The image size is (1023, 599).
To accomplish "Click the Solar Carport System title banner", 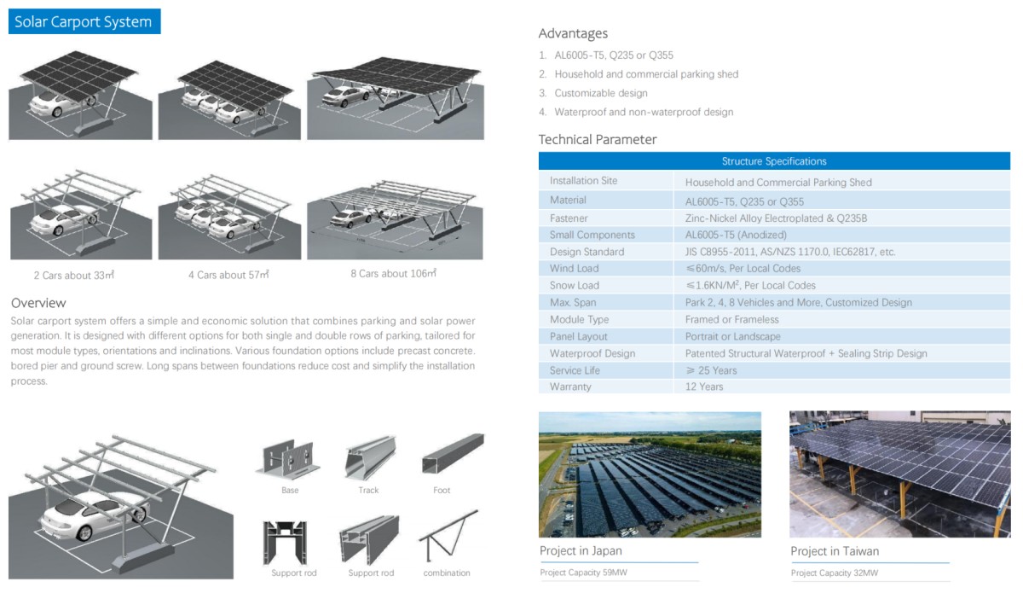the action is (x=84, y=21).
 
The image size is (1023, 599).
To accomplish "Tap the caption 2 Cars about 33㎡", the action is (x=74, y=276).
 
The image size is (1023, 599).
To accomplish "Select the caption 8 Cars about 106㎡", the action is (x=394, y=273).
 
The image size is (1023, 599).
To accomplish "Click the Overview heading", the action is (x=39, y=303).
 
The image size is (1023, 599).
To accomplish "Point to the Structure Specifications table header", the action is (x=774, y=161).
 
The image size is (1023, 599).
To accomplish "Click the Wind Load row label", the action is (x=574, y=269).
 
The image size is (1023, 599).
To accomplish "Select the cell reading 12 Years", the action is (x=704, y=387).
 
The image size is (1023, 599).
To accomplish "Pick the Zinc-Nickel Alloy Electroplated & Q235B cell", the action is (x=776, y=218).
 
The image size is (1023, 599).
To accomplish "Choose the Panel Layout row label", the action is (x=579, y=336).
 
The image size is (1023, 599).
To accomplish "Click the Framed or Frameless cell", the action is (x=731, y=320).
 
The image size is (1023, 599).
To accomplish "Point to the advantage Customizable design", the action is (x=601, y=93).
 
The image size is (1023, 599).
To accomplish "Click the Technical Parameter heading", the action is (x=598, y=139).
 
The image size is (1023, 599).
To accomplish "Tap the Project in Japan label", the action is (x=581, y=550).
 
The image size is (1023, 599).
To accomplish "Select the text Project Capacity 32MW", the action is (x=835, y=573).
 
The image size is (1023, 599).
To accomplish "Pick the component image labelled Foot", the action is (x=453, y=453).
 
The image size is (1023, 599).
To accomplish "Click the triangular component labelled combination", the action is (x=448, y=536).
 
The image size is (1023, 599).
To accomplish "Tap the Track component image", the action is (x=370, y=457).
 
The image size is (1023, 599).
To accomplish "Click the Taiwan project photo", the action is (x=899, y=474).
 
